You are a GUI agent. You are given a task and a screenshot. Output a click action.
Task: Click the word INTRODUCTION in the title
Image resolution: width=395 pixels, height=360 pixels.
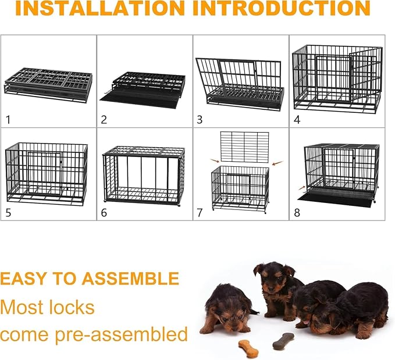(x=282, y=8)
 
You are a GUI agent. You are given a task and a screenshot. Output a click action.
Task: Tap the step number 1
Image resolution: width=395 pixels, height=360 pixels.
(x=8, y=120)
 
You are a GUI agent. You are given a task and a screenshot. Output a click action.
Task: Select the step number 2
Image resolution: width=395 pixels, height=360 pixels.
(x=104, y=120)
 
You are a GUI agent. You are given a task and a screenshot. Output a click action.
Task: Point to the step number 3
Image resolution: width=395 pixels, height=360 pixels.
(x=200, y=120)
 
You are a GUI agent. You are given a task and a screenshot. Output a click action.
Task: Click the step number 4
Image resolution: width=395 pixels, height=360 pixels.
(x=297, y=120)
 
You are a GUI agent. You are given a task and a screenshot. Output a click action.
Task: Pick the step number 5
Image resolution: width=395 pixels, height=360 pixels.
(x=8, y=212)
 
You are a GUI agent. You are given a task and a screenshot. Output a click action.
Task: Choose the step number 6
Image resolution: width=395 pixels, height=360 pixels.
(x=104, y=212)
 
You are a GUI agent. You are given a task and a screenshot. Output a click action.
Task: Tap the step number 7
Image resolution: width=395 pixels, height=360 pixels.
(x=200, y=212)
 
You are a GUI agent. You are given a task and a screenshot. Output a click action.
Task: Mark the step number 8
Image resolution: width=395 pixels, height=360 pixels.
(x=297, y=212)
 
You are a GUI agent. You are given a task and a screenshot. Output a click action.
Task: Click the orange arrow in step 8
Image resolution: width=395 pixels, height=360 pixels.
(x=300, y=188)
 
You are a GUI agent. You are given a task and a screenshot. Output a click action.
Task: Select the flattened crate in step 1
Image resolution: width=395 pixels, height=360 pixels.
(x=48, y=84)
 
